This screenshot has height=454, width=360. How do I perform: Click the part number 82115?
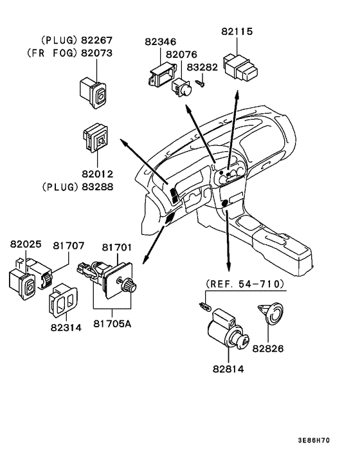click(237, 32)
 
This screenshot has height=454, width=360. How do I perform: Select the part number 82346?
click(160, 42)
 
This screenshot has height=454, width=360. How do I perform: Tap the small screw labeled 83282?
click(201, 84)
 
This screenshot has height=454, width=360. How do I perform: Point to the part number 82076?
click(181, 55)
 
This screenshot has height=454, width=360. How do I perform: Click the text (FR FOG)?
click(53, 53)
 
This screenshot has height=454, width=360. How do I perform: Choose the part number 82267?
click(96, 41)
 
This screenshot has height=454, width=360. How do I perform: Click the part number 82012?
click(98, 174)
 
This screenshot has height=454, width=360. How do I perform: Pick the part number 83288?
click(98, 186)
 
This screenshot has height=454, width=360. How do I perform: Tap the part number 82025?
click(26, 244)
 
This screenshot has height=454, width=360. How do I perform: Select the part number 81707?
click(69, 246)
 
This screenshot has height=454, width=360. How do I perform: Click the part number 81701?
click(117, 248)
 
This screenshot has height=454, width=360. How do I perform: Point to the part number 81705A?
click(113, 323)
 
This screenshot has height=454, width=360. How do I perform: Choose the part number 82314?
click(66, 327)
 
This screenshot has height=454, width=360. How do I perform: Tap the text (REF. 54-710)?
click(245, 284)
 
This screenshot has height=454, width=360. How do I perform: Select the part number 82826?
click(268, 349)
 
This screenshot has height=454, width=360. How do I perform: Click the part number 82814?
click(228, 369)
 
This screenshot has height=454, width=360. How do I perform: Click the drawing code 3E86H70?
click(314, 440)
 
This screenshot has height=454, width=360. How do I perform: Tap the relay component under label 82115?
click(240, 68)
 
